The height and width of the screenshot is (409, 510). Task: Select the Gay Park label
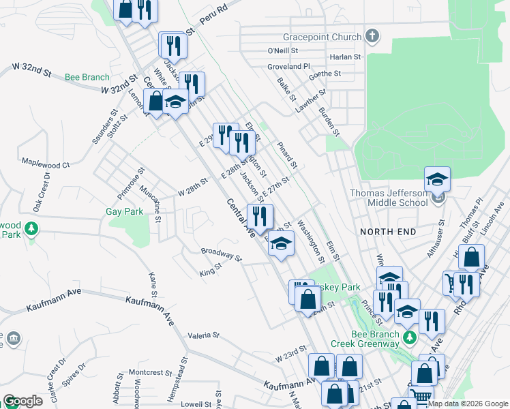click(x=125, y=211)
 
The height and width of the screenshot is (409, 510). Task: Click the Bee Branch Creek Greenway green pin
click(x=409, y=337)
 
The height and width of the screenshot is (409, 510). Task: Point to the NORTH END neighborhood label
click(x=388, y=232)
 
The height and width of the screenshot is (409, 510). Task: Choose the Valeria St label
click(x=203, y=335)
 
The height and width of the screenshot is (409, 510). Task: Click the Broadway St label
click(x=222, y=254)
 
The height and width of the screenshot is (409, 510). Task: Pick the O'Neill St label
click(x=283, y=50)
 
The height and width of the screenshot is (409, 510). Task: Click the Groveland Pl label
click(x=289, y=67)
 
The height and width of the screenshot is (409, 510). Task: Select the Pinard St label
click(x=287, y=155)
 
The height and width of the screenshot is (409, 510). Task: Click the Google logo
click(x=22, y=401)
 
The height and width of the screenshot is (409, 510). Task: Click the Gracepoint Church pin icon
click(x=372, y=35)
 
